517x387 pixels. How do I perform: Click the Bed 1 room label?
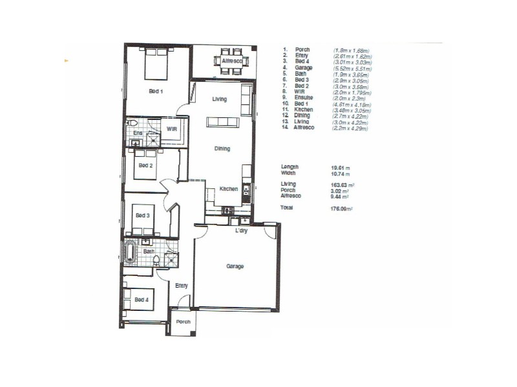coord(156,92)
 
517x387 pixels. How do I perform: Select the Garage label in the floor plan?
coord(233,266)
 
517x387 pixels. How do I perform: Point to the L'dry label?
coord(242,230)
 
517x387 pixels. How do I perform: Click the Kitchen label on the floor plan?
coord(228,189)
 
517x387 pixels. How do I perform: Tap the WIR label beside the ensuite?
coord(171,128)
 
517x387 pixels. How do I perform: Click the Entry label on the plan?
coord(181,286)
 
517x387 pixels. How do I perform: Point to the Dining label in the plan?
coord(222,149)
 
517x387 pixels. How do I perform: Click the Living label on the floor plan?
coord(220,99)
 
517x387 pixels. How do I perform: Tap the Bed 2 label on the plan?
coord(146,165)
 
